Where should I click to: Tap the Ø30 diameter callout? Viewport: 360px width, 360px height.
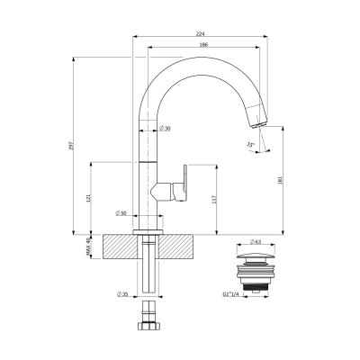tap(166, 130)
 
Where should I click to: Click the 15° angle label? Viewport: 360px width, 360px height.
tap(249, 143)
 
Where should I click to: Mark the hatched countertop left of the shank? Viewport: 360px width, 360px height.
tap(119, 246)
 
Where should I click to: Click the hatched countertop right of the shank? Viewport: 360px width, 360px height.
tap(179, 246)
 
